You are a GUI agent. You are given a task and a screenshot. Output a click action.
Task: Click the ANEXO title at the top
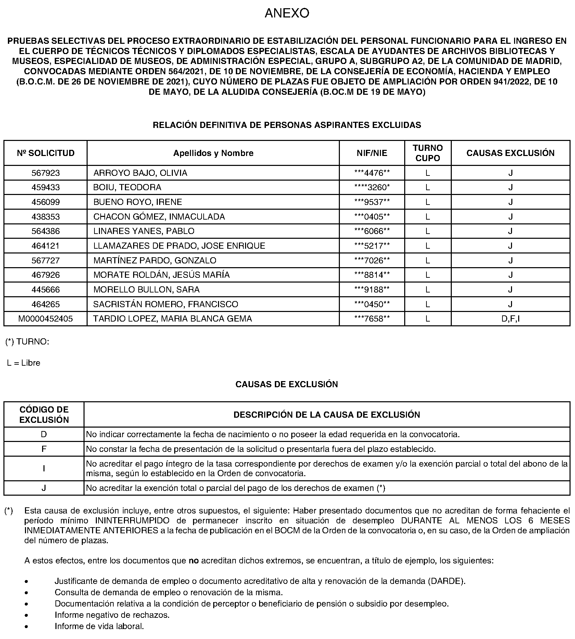(x=287, y=13)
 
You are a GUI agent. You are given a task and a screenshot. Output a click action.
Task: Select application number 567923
(x=46, y=173)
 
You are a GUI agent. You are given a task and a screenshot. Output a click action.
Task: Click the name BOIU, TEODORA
(x=127, y=187)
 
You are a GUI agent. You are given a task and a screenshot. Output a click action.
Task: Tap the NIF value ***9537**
(x=372, y=202)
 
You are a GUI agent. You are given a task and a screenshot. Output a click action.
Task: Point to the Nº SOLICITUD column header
(x=46, y=153)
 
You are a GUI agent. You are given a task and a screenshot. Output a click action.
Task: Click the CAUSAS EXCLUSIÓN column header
(x=510, y=153)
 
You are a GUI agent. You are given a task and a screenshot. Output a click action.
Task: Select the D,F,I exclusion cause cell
(x=510, y=319)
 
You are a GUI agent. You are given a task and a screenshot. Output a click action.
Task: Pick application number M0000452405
(x=46, y=319)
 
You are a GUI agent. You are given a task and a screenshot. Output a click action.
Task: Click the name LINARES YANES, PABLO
(x=144, y=231)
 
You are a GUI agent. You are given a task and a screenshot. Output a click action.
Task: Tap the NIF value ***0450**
(x=372, y=304)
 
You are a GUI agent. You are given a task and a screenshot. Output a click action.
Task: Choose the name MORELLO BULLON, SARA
(x=146, y=290)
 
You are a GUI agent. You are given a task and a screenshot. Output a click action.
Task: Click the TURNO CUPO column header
(x=427, y=153)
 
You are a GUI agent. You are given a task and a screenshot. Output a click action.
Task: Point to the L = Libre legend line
(x=24, y=363)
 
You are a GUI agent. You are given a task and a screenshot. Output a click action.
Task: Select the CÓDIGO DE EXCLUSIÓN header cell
(x=44, y=415)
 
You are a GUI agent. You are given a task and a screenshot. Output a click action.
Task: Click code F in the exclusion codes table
(x=44, y=449)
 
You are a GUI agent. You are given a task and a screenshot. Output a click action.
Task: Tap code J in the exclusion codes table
(x=44, y=488)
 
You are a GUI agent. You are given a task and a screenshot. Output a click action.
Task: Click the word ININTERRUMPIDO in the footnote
(x=132, y=521)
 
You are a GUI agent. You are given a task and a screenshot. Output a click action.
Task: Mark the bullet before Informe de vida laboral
(x=26, y=626)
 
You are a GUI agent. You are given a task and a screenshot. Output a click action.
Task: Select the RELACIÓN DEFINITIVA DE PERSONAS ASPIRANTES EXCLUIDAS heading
(x=287, y=125)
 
